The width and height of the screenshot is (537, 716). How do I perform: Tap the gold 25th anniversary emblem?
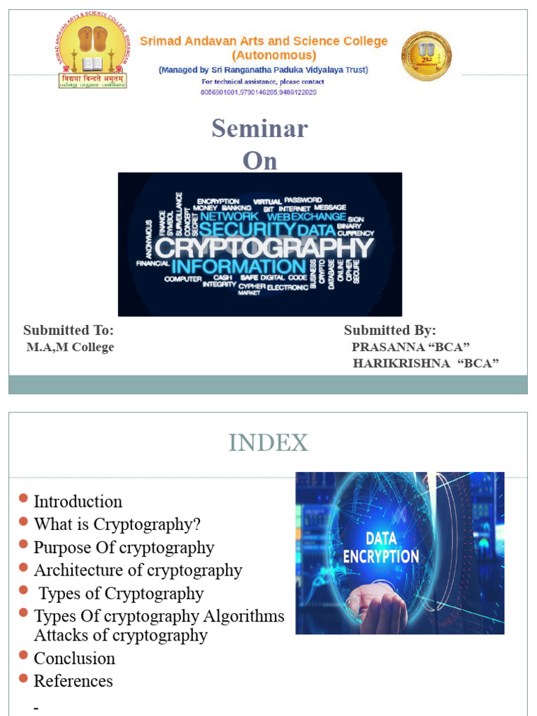(426, 56)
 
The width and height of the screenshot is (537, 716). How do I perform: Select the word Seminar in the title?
(259, 129)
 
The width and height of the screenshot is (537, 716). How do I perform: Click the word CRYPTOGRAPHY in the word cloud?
(264, 248)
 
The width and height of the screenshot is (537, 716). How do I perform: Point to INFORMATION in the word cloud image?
(238, 267)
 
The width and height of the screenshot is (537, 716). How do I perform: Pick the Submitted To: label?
(69, 330)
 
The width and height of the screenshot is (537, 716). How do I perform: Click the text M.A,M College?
(70, 348)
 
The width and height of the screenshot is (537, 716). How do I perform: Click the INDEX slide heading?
(268, 443)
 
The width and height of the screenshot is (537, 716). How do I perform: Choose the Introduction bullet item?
(78, 501)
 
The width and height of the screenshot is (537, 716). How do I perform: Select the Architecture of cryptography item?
(138, 570)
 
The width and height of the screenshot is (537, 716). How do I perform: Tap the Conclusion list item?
(74, 658)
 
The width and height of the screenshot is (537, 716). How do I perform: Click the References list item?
(73, 680)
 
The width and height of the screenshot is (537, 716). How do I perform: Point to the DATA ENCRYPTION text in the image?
(380, 547)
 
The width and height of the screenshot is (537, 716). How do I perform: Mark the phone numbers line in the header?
(259, 92)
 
